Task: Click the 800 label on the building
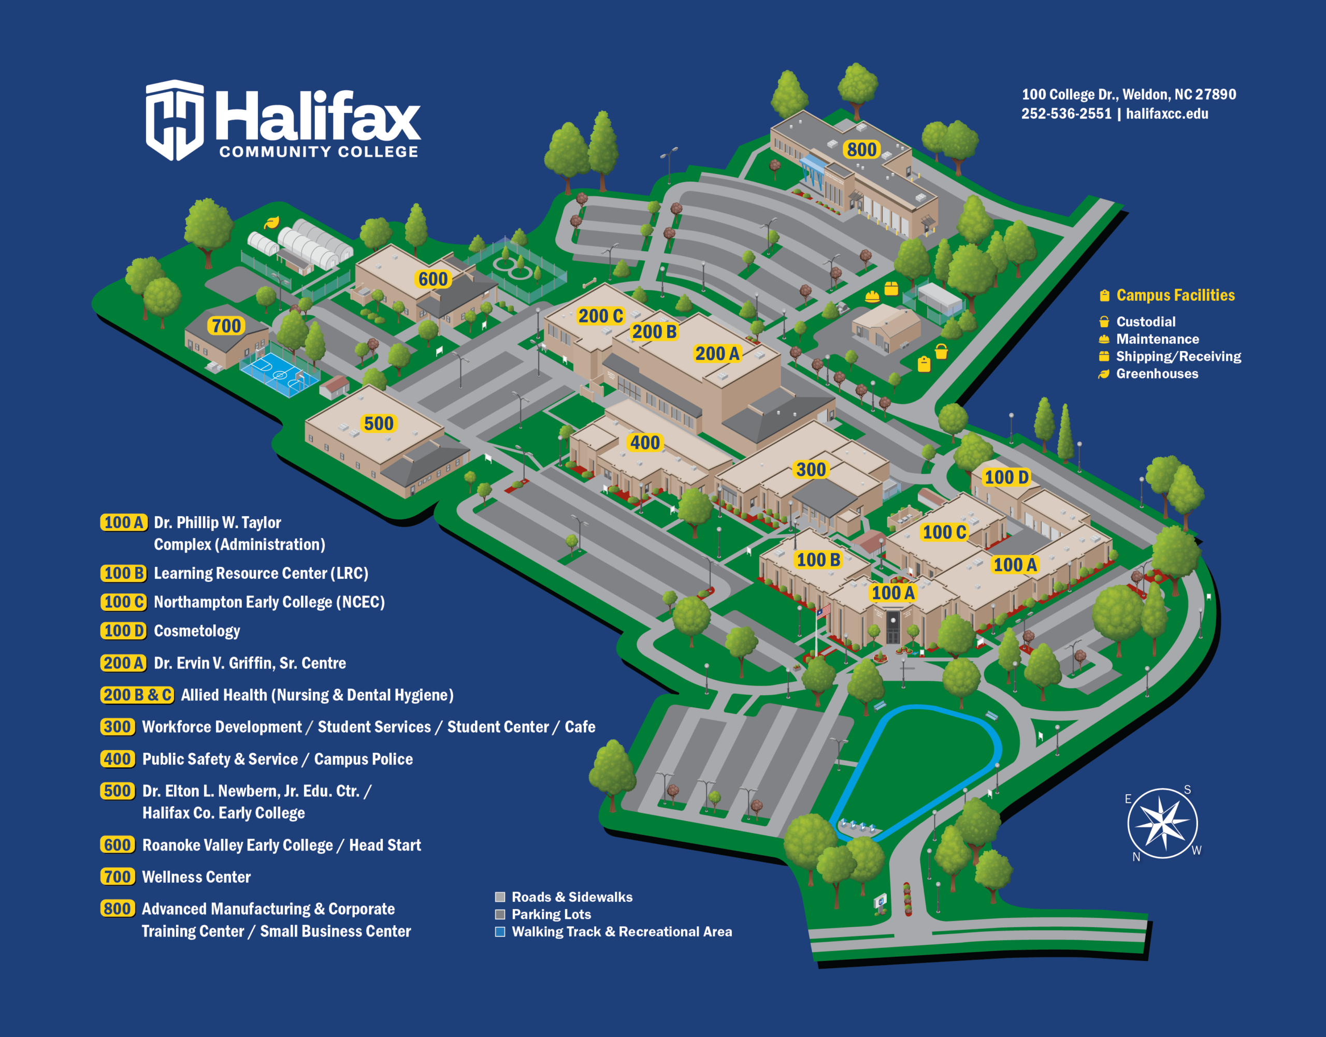coord(861,149)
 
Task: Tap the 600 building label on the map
coord(433,279)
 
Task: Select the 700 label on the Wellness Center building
coord(226,326)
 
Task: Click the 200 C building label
coord(600,316)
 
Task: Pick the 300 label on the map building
coord(811,470)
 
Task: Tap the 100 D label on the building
coord(1006,477)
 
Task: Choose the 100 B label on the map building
coord(818,560)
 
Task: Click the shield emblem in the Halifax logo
coord(175,120)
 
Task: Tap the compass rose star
coord(1162,823)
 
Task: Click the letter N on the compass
coord(1136,857)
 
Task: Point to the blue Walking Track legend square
coord(500,931)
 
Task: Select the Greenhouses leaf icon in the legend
coord(1104,374)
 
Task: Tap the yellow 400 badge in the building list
coord(117,759)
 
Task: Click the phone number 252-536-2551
coord(1066,113)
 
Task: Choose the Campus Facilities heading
coord(1175,295)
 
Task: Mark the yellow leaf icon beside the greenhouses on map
coord(271,223)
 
